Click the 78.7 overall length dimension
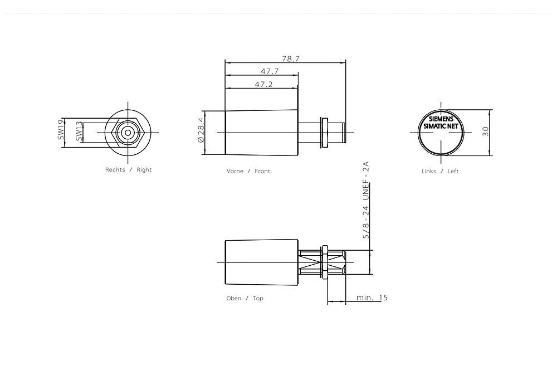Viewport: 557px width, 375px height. (290, 58)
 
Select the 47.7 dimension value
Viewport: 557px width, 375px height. (270, 71)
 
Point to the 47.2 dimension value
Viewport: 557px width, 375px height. (263, 84)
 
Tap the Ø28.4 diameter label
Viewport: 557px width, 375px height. (202, 133)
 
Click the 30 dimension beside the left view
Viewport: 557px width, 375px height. (486, 132)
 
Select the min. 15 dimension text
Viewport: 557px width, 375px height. (372, 298)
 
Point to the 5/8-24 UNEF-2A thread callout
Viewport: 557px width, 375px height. (366, 201)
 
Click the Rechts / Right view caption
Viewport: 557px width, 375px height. (128, 169)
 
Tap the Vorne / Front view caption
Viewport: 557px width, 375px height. (248, 171)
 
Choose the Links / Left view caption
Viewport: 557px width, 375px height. (440, 171)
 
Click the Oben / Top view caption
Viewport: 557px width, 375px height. (245, 298)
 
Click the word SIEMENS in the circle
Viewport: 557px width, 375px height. (441, 119)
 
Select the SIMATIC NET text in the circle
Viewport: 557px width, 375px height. (441, 126)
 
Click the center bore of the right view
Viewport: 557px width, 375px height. (128, 133)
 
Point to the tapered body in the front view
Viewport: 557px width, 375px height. (261, 133)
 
